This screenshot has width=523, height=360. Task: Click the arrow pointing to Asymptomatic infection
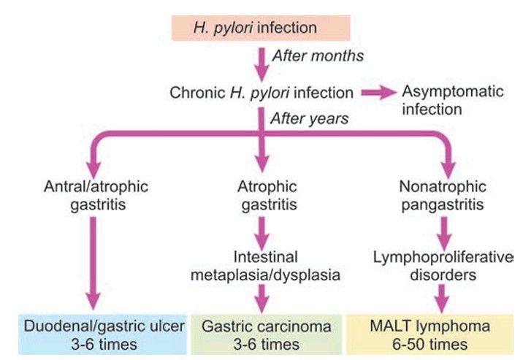(377, 93)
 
